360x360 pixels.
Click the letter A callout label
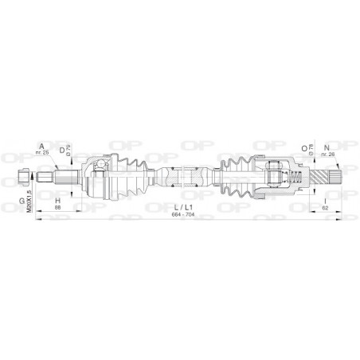tap(40, 144)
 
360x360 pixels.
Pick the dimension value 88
tap(57, 209)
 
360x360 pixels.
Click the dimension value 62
tap(327, 208)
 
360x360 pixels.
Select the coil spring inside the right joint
tap(294, 176)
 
